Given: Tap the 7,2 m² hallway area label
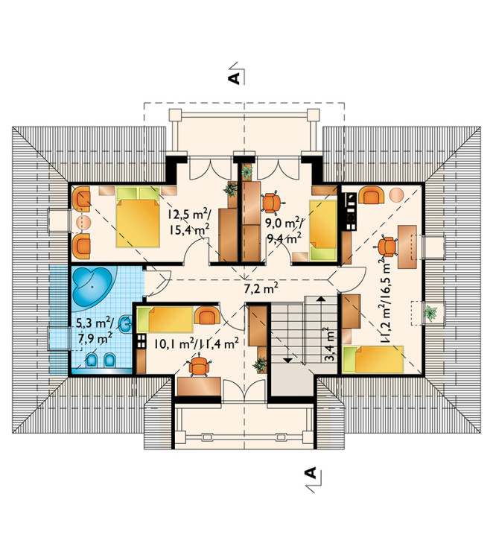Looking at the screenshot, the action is (261, 289).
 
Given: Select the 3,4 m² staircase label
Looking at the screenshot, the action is (330, 343).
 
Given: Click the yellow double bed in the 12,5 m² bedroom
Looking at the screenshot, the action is (138, 218).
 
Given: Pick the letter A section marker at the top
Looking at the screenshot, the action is (235, 78).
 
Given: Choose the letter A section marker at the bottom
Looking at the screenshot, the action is (311, 473).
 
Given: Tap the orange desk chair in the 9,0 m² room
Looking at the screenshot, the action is (272, 203).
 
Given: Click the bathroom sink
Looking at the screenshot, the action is (125, 324).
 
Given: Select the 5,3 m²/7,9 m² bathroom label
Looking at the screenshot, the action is (95, 330).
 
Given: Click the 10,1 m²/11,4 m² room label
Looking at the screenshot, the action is (197, 343).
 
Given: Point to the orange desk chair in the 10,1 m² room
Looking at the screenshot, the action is (200, 367).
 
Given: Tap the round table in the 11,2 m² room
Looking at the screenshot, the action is (397, 195).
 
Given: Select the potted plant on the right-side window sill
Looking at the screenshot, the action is (430, 313).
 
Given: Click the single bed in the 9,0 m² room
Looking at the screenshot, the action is (322, 230).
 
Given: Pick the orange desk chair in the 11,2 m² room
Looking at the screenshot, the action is (387, 247).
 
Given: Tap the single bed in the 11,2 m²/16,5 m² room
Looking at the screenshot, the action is (373, 359).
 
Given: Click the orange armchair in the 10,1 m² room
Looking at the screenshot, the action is (207, 316).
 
